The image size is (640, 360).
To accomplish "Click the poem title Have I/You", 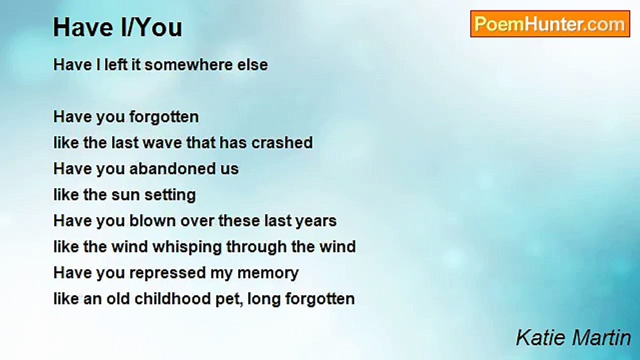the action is [117, 27].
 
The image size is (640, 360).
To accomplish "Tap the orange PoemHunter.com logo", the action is [550, 24].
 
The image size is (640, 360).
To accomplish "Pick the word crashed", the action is [282, 142].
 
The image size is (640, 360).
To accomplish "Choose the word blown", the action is [152, 221].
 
